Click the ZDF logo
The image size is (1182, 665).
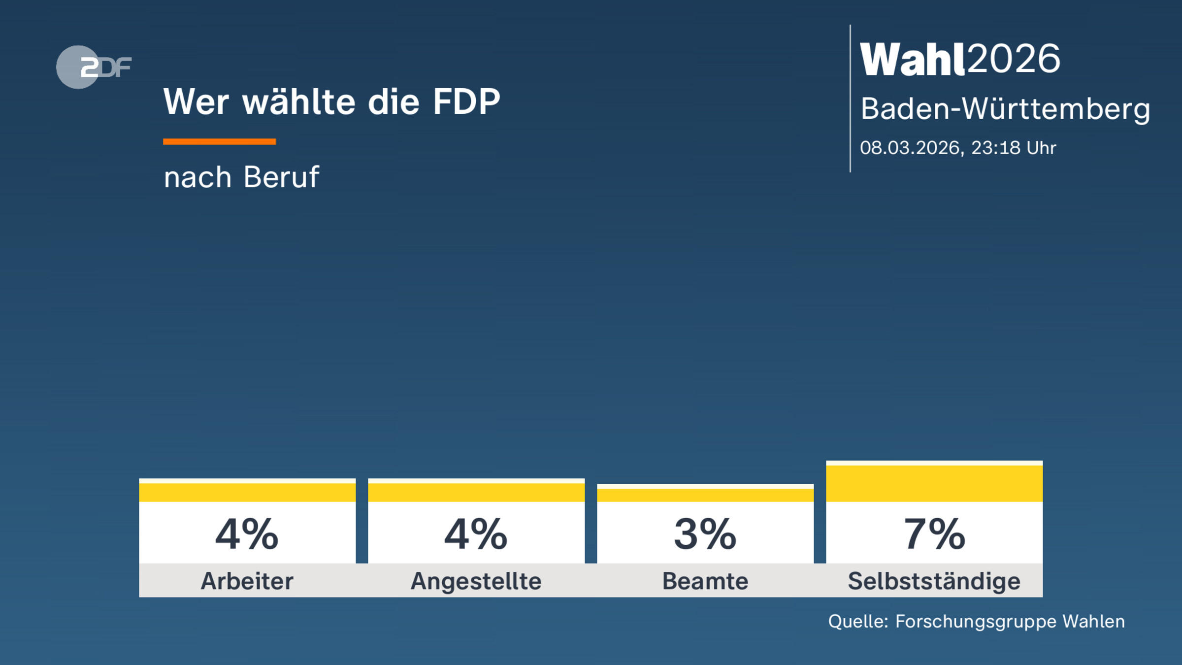click(94, 67)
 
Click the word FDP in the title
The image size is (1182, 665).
click(466, 102)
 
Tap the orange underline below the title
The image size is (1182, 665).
click(219, 142)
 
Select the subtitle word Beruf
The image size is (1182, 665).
click(281, 177)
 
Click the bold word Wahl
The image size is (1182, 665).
click(912, 60)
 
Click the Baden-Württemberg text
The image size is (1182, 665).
click(1005, 109)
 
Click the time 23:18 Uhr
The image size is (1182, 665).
click(1014, 148)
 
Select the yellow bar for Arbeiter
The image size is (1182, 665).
click(247, 492)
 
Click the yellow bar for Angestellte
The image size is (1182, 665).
click(476, 492)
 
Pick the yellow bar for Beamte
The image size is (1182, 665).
click(705, 494)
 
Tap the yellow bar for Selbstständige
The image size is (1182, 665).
click(934, 483)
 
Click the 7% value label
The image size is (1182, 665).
click(934, 534)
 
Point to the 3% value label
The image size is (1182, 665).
click(705, 534)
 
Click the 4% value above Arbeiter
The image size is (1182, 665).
click(247, 534)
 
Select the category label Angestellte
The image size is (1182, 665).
click(476, 581)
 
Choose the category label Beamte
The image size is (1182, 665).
click(705, 581)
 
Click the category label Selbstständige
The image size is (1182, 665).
click(934, 581)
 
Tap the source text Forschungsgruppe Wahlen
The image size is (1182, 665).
click(1010, 622)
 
